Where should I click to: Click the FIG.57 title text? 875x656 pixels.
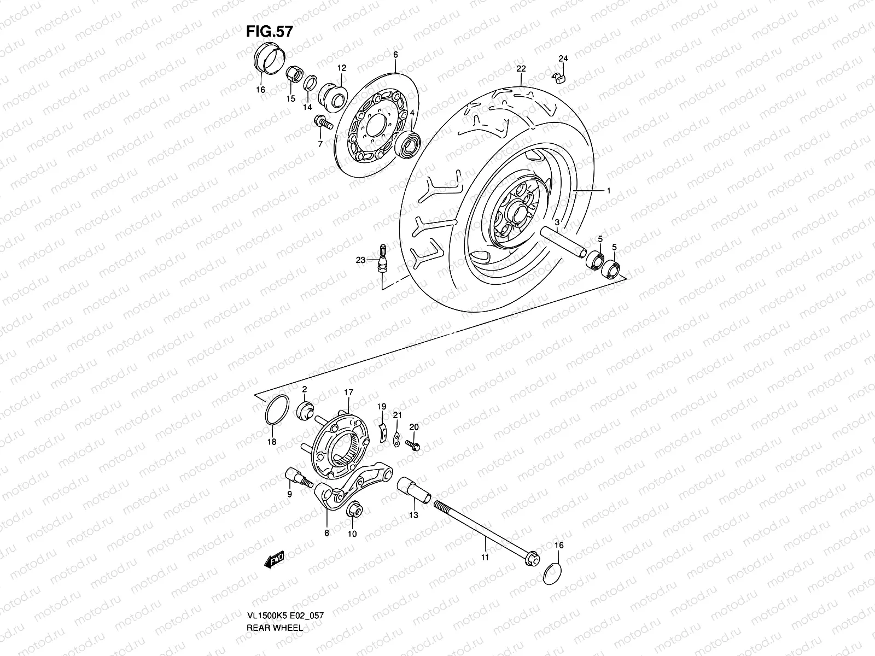(x=269, y=32)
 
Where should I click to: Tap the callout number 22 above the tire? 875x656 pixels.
(x=520, y=69)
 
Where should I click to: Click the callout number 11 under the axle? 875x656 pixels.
(x=485, y=557)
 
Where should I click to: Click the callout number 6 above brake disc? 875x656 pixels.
(x=395, y=55)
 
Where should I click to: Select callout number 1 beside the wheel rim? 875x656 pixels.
(x=608, y=190)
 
